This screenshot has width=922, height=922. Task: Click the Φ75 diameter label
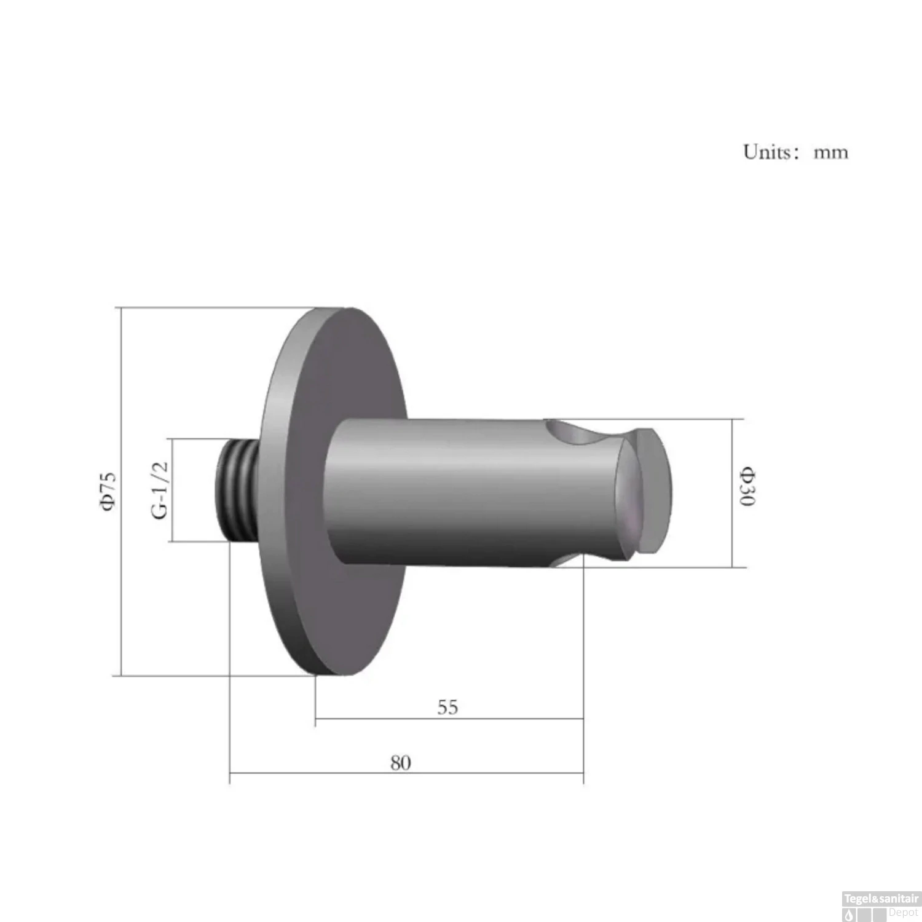click(x=109, y=491)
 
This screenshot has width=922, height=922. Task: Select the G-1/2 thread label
click(x=160, y=490)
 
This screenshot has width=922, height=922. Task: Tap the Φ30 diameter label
click(x=748, y=487)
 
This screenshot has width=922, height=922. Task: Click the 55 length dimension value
click(x=448, y=707)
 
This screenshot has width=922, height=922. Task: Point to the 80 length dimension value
click(x=400, y=763)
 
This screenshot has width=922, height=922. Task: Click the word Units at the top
click(x=767, y=151)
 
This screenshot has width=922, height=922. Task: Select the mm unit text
click(x=831, y=152)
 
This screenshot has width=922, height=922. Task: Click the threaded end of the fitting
click(x=237, y=491)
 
